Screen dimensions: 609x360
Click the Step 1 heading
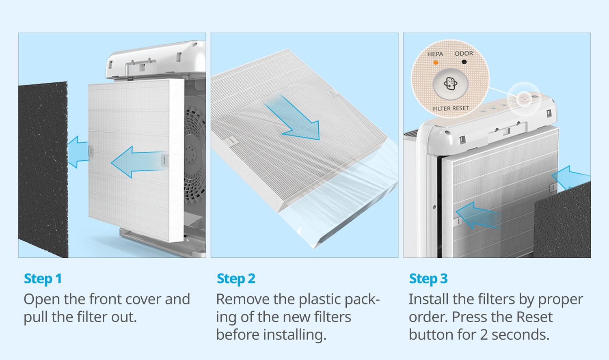coord(43,279)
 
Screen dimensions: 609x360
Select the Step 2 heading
coord(236,279)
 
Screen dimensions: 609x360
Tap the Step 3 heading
coord(428,279)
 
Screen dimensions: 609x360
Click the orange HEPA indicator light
coord(436,63)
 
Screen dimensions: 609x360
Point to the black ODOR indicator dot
coord(464,62)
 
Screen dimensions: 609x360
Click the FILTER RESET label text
coord(451,108)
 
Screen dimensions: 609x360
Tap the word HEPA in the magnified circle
coord(435,54)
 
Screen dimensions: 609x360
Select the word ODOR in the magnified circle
coord(464,54)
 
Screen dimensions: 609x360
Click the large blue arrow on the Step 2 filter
coord(294,119)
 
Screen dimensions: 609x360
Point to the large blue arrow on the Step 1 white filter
coord(139,162)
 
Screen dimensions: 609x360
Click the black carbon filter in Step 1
coord(43,170)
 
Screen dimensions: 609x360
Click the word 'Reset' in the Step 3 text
coord(534,317)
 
